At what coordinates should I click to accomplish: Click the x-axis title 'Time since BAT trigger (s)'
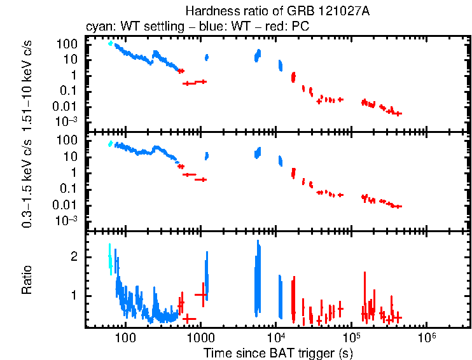pos(278,352)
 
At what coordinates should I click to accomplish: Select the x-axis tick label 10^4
pos(275,336)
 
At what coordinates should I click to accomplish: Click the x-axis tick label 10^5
pos(351,336)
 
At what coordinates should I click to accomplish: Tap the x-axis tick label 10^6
pos(426,336)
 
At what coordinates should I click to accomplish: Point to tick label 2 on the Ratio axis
pos(74,257)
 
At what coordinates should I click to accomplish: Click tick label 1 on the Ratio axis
pos(74,296)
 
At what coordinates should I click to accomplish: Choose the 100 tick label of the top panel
pos(69,44)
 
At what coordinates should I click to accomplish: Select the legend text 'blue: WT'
pos(221,27)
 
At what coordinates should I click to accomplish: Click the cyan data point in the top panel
pos(111,43)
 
